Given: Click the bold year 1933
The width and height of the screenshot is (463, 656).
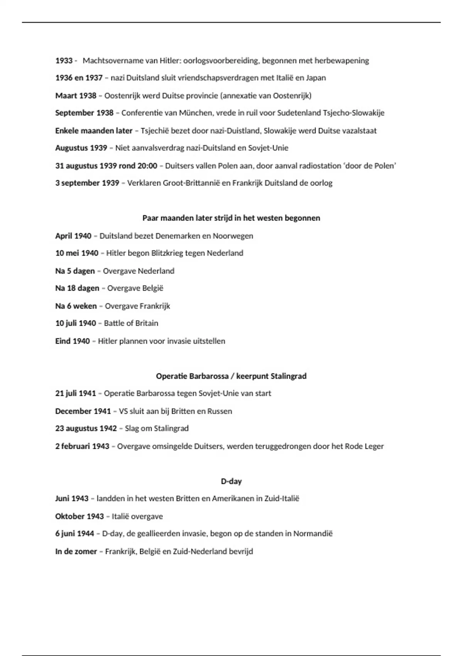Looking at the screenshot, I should click(64, 61).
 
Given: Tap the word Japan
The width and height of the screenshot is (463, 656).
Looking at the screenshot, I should click(316, 78).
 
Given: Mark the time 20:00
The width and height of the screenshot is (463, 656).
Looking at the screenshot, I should click(147, 166).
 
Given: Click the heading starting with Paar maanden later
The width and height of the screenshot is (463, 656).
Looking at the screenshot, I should click(231, 218).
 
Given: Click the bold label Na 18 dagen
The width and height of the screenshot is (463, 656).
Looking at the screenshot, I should click(77, 288).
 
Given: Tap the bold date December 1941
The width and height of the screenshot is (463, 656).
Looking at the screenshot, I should click(83, 411).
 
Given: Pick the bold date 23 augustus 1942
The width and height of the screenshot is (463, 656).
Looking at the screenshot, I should click(86, 429).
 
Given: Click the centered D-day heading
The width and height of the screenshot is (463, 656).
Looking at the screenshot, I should click(231, 482).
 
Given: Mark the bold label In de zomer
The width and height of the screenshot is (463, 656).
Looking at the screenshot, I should click(76, 551).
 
